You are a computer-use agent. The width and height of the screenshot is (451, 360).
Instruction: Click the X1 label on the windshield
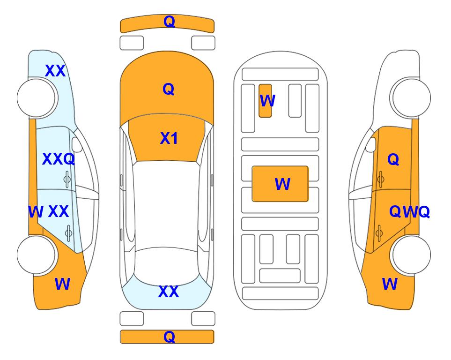pos(169,139)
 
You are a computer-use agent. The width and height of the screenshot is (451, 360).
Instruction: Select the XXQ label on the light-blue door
pos(59,159)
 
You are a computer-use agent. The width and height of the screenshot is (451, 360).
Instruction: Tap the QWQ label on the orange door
pos(409,212)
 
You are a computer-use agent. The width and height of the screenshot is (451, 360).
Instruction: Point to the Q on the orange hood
pos(169,89)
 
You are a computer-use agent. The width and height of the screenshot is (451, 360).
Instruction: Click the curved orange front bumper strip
pos(167,23)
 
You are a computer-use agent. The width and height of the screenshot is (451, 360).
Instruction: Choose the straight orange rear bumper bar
pos(167,337)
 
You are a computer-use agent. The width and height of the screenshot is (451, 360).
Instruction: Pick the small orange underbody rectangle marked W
pos(265,101)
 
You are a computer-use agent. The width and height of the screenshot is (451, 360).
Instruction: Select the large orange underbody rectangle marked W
pos(280,184)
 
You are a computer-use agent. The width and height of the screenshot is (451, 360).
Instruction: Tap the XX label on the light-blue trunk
pos(169,292)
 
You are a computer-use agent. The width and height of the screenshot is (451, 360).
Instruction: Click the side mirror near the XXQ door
pos(77,145)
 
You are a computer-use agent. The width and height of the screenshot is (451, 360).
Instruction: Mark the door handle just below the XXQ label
pos(67,180)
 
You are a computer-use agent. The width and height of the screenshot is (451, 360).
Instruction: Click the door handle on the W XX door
pos(68,233)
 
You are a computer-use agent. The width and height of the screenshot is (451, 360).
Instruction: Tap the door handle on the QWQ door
pos(379,233)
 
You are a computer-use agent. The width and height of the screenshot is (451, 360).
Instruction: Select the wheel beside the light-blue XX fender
pos(37,98)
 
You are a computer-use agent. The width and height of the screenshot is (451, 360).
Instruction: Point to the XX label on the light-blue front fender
pos(55,71)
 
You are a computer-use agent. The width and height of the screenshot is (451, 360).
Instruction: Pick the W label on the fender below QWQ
pos(390,284)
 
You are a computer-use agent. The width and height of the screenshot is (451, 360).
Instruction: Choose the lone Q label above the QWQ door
pos(393,159)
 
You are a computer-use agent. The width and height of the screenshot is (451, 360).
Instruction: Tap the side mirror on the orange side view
pos(371,145)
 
